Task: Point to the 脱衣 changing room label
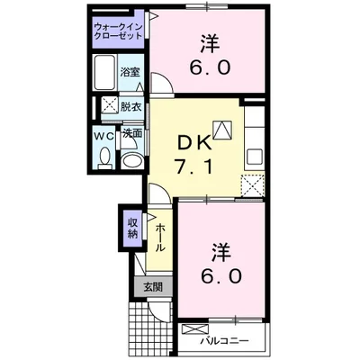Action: (x=131, y=107)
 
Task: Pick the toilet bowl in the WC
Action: (x=103, y=159)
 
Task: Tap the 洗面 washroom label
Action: (x=132, y=133)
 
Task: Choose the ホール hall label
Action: (x=159, y=236)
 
